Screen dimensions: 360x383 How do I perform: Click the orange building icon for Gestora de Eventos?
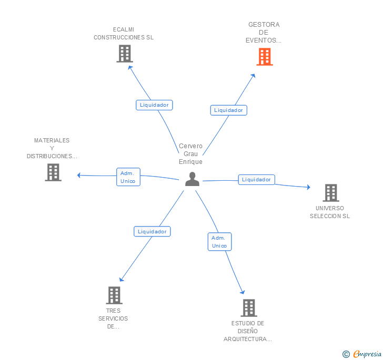265,57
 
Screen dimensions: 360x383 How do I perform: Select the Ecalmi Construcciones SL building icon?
125,54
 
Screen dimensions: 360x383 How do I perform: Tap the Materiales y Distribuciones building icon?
53,172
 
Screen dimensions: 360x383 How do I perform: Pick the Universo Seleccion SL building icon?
331,193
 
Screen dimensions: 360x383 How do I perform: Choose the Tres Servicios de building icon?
114,295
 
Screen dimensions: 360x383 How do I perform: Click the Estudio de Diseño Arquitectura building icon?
249,308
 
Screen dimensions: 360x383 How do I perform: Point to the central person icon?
193,179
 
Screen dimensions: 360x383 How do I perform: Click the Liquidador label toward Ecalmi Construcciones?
154,105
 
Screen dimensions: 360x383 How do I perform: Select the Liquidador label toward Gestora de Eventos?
228,110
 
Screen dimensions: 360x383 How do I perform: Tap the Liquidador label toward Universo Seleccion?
256,180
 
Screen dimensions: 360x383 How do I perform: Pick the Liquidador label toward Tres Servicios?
152,231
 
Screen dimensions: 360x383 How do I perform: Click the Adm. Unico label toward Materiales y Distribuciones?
128,177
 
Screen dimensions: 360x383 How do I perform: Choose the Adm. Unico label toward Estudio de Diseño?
219,242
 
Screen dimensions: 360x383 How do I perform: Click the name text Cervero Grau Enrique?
190,154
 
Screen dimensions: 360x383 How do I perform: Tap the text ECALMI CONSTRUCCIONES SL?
124,34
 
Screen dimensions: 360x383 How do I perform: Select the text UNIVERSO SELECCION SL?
330,212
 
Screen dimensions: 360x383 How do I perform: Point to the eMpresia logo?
367,354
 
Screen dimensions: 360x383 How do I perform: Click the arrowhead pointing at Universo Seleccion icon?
308,187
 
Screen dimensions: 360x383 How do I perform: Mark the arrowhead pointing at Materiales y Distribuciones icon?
79,175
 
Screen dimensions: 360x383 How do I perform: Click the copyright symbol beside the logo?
346,355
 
